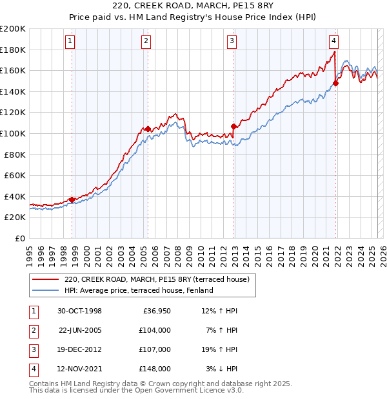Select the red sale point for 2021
(x=336, y=83)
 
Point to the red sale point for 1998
(x=72, y=199)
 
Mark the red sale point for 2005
(x=148, y=129)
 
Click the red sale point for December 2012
(x=233, y=126)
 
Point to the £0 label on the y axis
(x=21, y=238)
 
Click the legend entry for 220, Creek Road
(x=161, y=279)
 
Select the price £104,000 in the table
(x=155, y=330)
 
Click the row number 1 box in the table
(x=33, y=311)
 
